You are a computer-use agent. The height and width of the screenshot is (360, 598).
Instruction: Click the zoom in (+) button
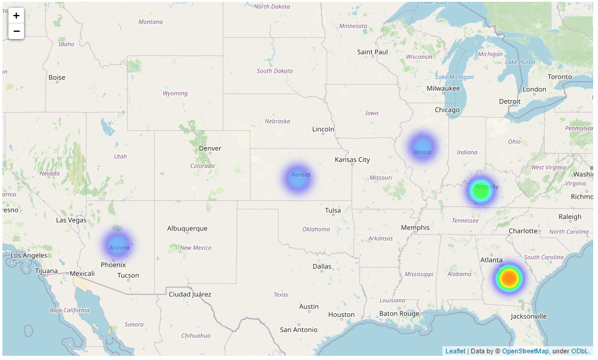pos(16,16)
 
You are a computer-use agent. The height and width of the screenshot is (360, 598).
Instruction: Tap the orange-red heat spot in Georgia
pos(509,278)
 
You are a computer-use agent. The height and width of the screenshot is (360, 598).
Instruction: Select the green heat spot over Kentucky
pos(480,191)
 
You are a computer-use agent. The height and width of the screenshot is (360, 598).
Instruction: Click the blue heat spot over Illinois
pos(422,147)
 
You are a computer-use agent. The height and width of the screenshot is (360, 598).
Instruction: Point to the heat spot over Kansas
pos(297,178)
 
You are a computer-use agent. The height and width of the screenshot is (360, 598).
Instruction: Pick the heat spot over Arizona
pos(117,245)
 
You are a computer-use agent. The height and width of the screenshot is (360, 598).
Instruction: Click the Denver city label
pos(210,148)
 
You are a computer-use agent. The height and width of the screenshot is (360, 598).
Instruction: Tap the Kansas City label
pos(352,160)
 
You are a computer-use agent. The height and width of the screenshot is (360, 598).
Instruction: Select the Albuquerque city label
pos(187,228)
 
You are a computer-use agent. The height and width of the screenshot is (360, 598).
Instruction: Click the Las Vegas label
pos(71,220)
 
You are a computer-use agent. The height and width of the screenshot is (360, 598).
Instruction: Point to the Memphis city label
pos(415,227)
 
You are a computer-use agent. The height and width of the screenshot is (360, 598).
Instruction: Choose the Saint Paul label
pos(372,52)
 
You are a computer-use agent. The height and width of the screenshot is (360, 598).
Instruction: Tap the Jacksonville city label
pos(529,316)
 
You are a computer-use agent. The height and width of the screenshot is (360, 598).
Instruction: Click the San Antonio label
pos(298,329)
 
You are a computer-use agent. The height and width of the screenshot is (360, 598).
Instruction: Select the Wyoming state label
pos(175,93)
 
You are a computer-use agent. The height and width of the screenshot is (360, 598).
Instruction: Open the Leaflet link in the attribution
pos(455,351)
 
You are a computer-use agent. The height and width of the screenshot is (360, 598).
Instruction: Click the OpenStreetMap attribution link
pos(525,351)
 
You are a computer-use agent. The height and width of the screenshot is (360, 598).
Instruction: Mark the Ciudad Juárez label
pos(190,294)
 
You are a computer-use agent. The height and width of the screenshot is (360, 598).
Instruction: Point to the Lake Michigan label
pos(455,77)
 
